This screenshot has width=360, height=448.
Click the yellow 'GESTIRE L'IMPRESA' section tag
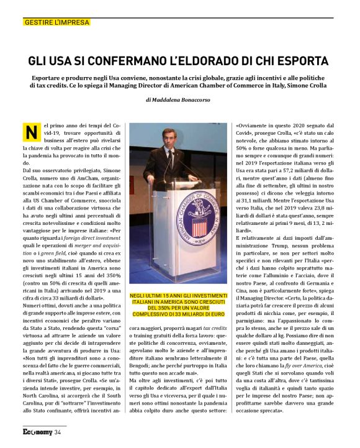[x=56, y=22]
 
